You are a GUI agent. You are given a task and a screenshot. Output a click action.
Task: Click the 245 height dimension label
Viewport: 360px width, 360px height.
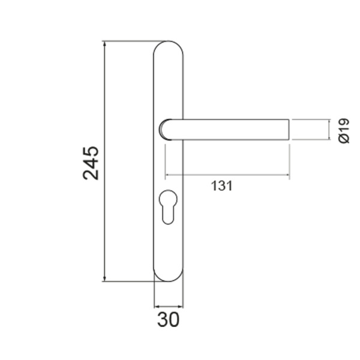point(91,163)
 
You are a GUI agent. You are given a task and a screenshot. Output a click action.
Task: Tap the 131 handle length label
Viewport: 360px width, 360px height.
point(222,186)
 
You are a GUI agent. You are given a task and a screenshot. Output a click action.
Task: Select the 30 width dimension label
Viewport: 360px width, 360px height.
point(168,320)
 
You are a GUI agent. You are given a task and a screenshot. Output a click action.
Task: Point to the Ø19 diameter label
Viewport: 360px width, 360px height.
point(344,131)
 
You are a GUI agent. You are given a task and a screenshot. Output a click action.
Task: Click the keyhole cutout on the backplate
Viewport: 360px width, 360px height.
point(168,207)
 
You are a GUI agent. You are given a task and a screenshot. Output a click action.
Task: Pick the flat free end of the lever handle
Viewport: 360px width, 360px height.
point(289,130)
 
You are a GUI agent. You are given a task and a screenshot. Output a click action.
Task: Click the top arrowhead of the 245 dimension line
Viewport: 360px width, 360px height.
point(104,44)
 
